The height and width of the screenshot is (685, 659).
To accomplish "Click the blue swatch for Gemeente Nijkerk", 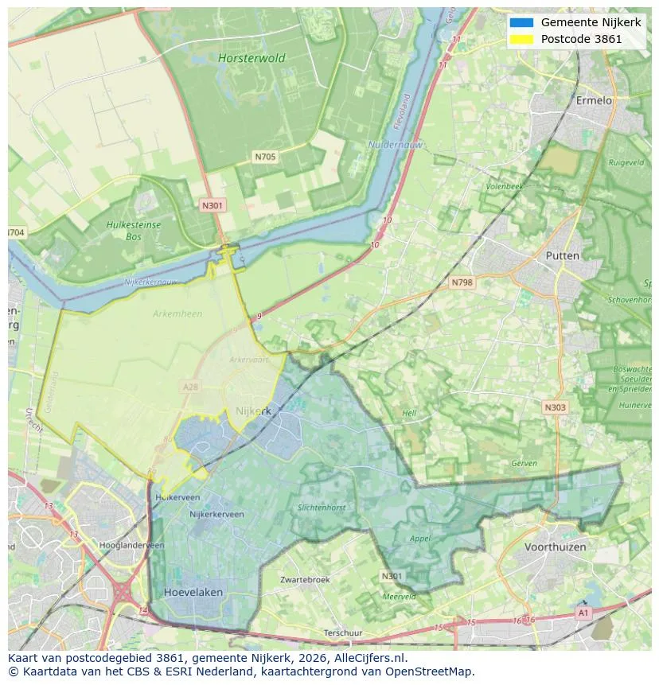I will [x=521, y=22].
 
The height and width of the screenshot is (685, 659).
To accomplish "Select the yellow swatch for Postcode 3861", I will [x=521, y=39].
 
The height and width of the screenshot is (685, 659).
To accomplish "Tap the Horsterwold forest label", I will [x=251, y=58].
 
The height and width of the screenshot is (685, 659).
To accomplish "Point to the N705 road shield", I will [x=265, y=157].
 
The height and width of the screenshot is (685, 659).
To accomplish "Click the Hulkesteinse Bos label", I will [x=133, y=231].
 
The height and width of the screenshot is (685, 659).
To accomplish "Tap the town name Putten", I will [x=563, y=255].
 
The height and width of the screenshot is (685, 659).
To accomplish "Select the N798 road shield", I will [x=462, y=282].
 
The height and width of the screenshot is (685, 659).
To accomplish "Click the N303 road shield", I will [x=555, y=407].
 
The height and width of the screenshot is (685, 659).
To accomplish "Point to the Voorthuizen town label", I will [x=555, y=547].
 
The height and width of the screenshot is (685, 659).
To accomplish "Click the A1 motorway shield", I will [x=583, y=613].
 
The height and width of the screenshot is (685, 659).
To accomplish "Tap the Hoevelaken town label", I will [x=193, y=593].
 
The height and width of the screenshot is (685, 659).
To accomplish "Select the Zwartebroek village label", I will [x=305, y=580].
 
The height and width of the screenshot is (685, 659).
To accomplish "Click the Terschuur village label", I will [x=344, y=633].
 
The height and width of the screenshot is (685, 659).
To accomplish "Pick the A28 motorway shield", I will [x=190, y=387].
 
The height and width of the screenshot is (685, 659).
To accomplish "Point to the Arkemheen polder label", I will [x=177, y=313].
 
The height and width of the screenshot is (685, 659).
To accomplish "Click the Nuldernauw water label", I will [x=396, y=145].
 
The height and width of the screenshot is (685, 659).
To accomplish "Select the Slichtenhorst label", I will [x=322, y=508].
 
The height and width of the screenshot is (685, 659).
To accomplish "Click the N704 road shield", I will [x=15, y=232].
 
